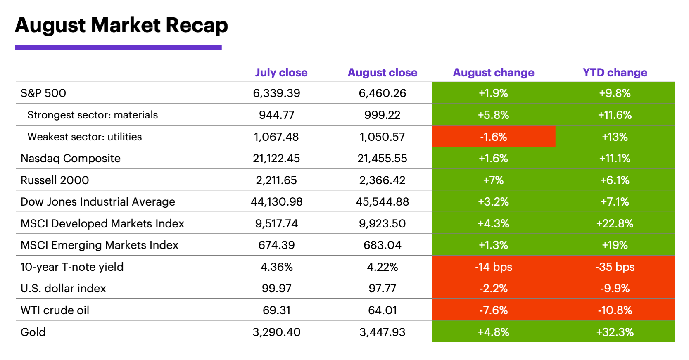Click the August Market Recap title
click(121, 25)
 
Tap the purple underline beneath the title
click(118, 47)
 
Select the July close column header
click(281, 73)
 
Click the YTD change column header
click(615, 73)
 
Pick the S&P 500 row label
click(43, 93)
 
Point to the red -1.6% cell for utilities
click(493, 137)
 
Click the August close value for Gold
click(382, 332)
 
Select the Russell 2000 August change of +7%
click(493, 180)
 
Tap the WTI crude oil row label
click(55, 310)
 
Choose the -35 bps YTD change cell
click(615, 267)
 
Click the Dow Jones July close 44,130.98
click(276, 202)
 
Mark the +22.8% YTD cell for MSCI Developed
click(615, 224)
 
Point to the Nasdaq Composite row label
click(71, 159)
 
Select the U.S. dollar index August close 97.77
click(382, 289)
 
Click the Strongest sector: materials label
click(93, 115)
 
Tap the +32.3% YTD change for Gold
click(615, 332)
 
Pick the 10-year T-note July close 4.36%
click(276, 267)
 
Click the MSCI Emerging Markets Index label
click(100, 245)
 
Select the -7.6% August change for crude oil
click(493, 310)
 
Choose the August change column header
click(493, 73)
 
